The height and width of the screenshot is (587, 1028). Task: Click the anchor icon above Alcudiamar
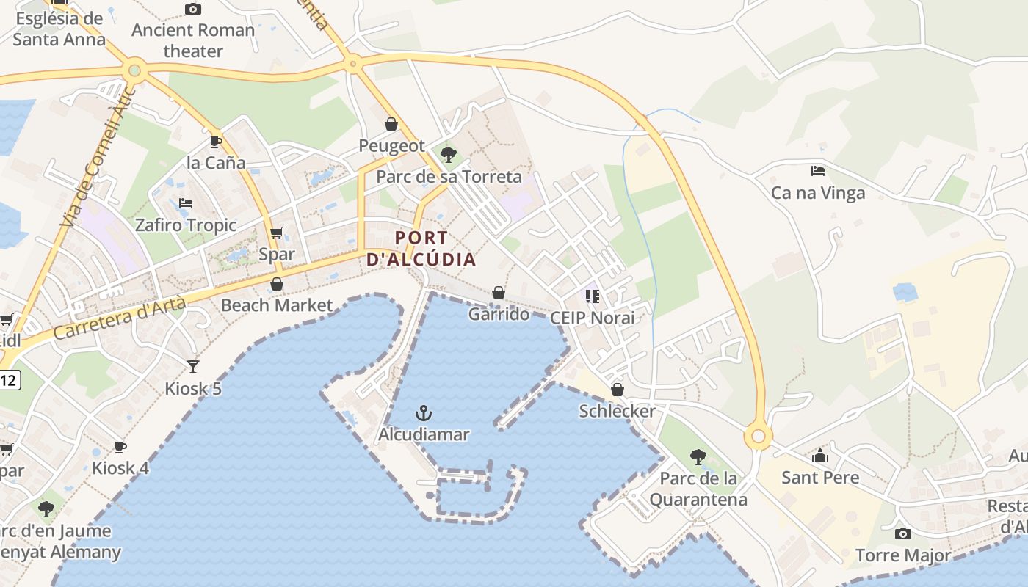[x=423, y=412]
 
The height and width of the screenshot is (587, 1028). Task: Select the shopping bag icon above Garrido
[x=499, y=293]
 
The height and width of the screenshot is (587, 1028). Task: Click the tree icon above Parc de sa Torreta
[x=448, y=155]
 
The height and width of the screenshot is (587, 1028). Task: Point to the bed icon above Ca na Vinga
[x=818, y=171]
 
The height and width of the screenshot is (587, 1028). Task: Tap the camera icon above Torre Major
[x=903, y=533]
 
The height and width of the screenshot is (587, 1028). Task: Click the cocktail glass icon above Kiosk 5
[x=193, y=366]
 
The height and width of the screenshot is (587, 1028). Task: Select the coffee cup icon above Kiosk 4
[x=120, y=446]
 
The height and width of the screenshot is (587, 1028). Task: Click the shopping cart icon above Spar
[x=277, y=233]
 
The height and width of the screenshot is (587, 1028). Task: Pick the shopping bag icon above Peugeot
[x=391, y=124]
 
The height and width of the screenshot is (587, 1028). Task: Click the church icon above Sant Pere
[x=820, y=456]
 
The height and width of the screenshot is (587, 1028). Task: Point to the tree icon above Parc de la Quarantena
[x=698, y=457]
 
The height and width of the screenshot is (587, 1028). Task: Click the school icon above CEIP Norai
[x=593, y=296]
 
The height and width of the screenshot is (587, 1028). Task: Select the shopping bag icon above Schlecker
[x=618, y=390]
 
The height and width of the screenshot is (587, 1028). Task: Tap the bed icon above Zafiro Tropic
[x=186, y=203]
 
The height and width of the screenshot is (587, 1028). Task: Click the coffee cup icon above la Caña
[x=215, y=141]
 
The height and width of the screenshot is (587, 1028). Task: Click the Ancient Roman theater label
[x=193, y=40]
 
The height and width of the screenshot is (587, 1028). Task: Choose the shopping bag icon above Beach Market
[x=277, y=284]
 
